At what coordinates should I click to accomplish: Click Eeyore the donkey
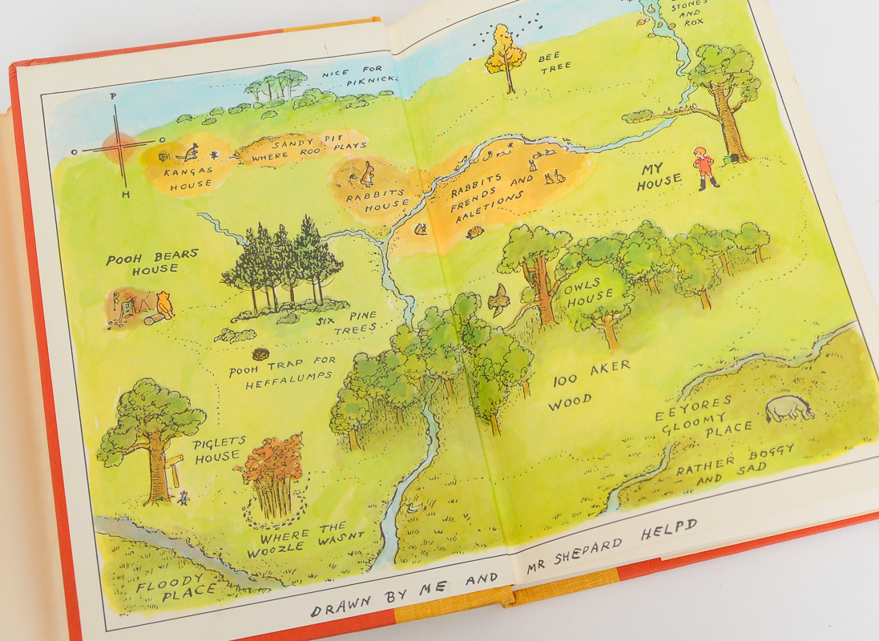coord(788,409)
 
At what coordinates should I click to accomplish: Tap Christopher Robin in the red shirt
coord(705,167)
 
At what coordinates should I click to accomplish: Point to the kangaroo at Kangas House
coord(191,152)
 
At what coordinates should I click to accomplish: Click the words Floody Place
coord(170,587)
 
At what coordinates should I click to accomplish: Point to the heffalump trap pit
coord(260,353)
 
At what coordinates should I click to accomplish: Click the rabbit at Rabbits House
coord(368,173)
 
